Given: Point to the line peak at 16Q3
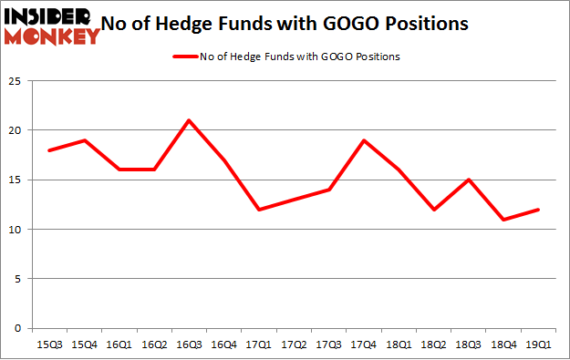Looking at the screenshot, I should click(188, 120).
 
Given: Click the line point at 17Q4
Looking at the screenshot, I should click(365, 140).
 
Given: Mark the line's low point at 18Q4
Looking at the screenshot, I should click(504, 220).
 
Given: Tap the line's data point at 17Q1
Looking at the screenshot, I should click(260, 210).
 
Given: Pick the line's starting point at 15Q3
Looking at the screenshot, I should click(48, 150).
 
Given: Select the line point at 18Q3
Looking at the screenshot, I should click(470, 180).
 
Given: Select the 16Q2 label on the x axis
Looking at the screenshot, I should click(153, 344).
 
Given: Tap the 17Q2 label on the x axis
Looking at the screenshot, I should click(295, 344).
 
